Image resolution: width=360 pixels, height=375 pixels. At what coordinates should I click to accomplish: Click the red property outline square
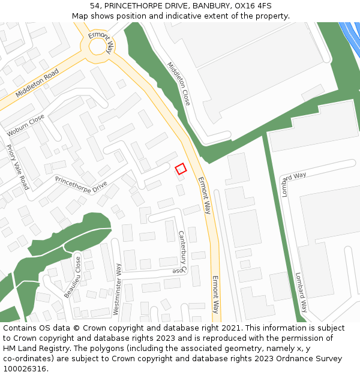tap(181, 169)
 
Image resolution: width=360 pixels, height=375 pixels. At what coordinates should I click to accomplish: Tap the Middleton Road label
tap(37, 83)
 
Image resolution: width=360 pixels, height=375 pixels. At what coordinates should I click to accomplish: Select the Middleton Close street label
tap(179, 83)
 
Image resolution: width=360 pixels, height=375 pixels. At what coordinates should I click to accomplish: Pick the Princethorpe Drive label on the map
tap(81, 187)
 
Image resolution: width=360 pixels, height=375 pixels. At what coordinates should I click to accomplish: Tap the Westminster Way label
tap(117, 289)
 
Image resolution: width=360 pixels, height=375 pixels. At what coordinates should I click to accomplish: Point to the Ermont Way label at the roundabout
tap(100, 44)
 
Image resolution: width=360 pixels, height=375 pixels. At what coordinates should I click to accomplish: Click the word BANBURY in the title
tap(210, 5)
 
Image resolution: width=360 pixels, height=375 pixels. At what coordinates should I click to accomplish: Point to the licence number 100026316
tap(24, 369)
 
